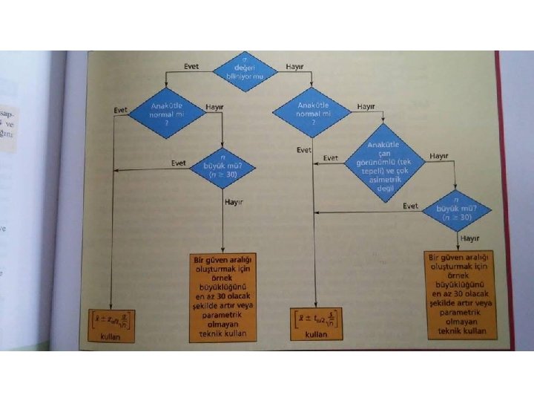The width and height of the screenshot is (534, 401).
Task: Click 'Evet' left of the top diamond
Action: (191, 67)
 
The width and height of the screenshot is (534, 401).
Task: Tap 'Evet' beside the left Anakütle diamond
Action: (119, 110)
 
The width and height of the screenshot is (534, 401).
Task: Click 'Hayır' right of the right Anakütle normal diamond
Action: (366, 107)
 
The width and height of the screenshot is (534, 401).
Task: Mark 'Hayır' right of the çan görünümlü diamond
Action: (438, 156)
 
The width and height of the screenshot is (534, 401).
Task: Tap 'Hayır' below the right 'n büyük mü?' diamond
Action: (469, 238)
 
